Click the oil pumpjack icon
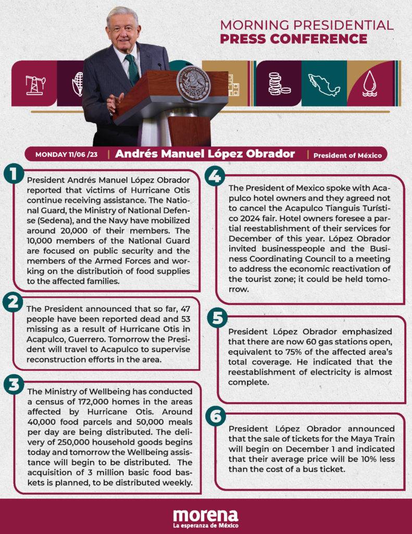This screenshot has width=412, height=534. [35, 84]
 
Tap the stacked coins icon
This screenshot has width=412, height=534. [278, 83]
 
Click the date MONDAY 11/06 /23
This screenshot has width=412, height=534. [66, 154]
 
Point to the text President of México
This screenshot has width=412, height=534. [347, 155]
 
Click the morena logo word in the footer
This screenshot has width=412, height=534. [205, 514]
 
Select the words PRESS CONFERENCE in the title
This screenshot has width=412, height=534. [293, 39]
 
